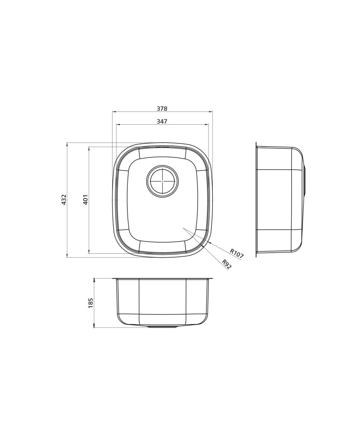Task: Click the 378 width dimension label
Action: [x=162, y=109]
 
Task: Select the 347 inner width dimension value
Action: [x=162, y=121]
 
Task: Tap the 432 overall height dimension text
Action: [x=64, y=199]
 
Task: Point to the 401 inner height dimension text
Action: [x=85, y=199]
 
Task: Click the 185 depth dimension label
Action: [x=91, y=303]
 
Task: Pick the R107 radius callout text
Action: [x=237, y=253]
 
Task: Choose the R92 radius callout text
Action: [x=227, y=264]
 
